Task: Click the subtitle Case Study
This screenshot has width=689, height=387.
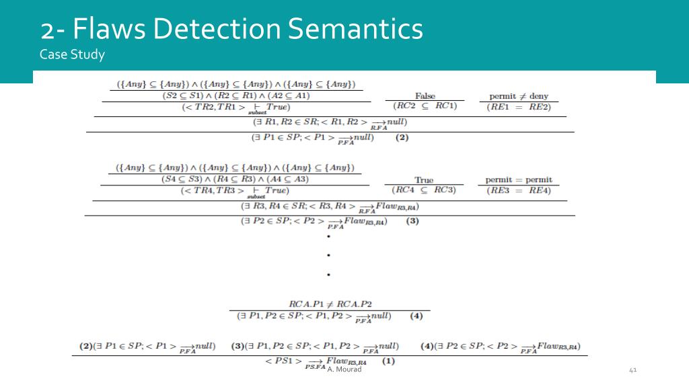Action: click(72, 54)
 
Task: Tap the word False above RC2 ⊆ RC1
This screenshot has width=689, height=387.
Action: click(425, 96)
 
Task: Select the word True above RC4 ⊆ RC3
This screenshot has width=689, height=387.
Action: click(424, 180)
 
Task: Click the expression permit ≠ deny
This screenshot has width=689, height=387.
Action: click(519, 96)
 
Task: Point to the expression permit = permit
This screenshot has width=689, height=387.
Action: click(519, 180)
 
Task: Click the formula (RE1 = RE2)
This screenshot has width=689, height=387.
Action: click(518, 106)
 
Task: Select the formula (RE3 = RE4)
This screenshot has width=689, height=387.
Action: click(518, 190)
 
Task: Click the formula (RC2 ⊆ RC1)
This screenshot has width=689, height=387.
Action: click(425, 106)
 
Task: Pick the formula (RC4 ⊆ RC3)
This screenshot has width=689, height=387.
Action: click(424, 190)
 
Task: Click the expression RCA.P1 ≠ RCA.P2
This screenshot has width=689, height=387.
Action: click(330, 304)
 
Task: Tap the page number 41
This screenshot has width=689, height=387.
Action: click(632, 370)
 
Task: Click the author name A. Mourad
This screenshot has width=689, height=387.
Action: click(344, 369)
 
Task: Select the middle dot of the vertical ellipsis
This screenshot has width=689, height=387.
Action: click(328, 256)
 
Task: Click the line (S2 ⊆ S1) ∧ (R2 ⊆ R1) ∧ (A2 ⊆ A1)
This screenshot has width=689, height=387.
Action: click(235, 95)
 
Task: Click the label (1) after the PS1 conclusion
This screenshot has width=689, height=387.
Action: click(388, 361)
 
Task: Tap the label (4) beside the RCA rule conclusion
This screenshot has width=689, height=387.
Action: click(416, 315)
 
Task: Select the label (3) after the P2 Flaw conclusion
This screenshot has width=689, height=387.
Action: click(412, 221)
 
